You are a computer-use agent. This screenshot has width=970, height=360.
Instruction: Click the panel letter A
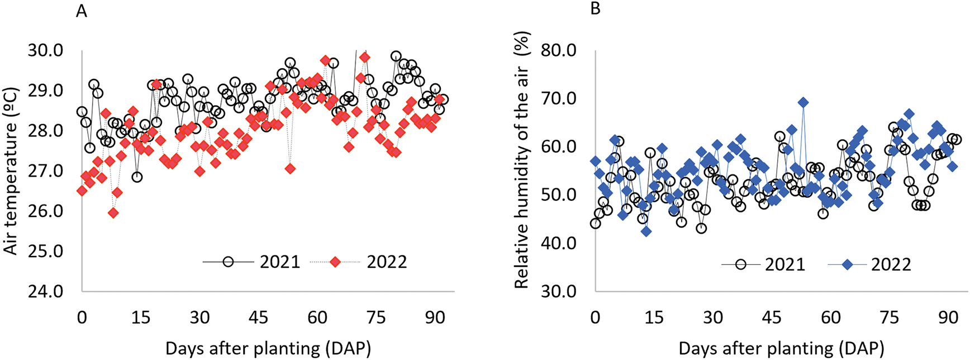[82, 11]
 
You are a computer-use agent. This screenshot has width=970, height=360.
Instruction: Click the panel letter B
[595, 10]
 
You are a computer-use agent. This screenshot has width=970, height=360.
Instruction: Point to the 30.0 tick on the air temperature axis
[45, 51]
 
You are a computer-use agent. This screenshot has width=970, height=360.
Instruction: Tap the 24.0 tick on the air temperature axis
[45, 291]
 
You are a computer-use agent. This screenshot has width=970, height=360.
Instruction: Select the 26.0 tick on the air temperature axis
[45, 211]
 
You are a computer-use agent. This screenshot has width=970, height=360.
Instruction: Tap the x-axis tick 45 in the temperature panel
[259, 318]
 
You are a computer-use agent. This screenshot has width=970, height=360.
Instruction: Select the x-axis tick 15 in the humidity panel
[654, 318]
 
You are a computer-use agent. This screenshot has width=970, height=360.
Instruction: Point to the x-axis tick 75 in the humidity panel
[890, 318]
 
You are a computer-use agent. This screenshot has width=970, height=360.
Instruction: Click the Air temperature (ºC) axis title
[11, 171]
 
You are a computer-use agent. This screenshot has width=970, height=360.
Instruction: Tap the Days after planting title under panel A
[268, 349]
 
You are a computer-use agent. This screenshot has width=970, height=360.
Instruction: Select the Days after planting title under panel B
[781, 349]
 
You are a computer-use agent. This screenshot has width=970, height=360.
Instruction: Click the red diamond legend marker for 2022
[335, 262]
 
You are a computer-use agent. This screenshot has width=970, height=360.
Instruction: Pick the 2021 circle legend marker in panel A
[227, 262]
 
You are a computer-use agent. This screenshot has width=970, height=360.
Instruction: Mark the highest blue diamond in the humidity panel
[803, 102]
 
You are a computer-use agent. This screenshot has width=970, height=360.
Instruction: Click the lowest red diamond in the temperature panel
[113, 213]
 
